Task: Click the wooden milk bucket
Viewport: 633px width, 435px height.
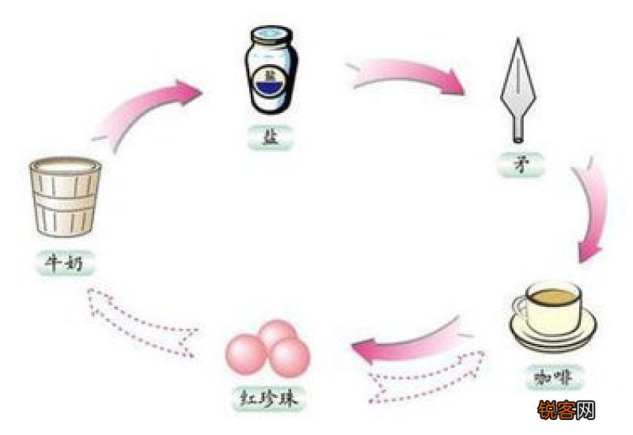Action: [65, 197]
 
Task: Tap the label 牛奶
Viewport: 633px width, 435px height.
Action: [65, 263]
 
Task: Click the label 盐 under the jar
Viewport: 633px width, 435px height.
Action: [270, 138]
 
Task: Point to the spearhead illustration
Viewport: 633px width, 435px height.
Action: [519, 90]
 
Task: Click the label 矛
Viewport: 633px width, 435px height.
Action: [521, 165]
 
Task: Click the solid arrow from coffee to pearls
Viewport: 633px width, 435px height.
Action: [407, 343]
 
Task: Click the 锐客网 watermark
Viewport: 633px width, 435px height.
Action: [566, 410]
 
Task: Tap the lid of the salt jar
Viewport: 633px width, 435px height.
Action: [271, 35]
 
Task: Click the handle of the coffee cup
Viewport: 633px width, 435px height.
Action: [520, 307]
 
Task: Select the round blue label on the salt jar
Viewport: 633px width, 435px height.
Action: [271, 85]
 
